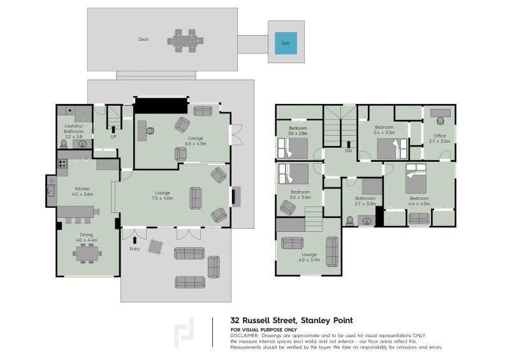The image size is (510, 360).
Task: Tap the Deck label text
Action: (x=143, y=40)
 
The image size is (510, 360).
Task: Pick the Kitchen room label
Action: (x=83, y=189)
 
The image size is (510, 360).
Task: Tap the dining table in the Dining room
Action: (x=87, y=254)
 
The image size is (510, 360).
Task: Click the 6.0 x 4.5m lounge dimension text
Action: (x=195, y=144)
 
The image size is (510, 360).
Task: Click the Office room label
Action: (x=441, y=135)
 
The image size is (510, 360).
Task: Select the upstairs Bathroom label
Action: (x=365, y=199)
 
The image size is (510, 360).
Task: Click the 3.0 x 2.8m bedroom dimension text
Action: (x=298, y=133)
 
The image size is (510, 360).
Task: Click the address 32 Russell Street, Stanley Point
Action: (x=291, y=320)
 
